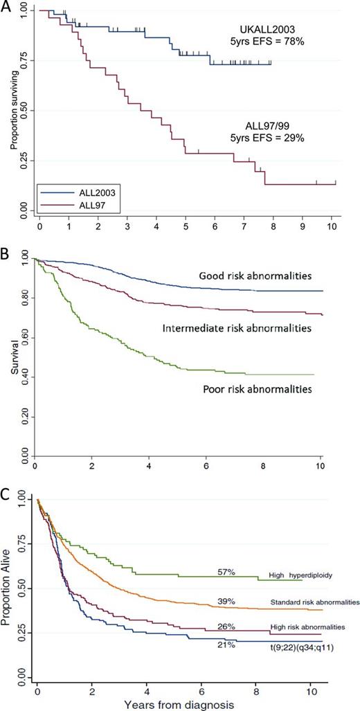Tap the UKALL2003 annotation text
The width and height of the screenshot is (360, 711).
(x=267, y=30)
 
